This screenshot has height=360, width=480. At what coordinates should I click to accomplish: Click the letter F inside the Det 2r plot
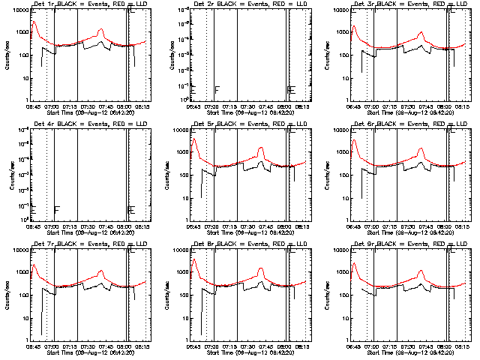click(x=217, y=90)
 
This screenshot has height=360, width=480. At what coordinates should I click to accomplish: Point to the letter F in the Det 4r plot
click(x=56, y=210)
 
